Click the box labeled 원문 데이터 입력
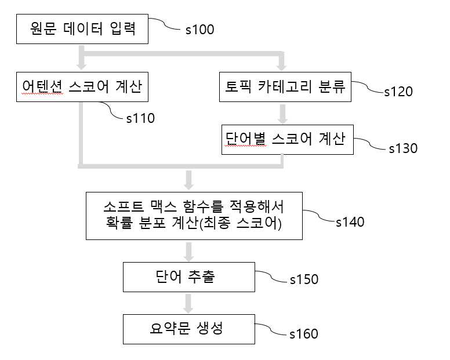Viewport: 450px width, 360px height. (x=82, y=29)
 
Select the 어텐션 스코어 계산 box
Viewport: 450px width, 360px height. (x=82, y=87)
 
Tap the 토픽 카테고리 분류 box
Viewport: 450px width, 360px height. (x=285, y=87)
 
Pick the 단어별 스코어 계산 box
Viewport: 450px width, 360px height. (x=288, y=140)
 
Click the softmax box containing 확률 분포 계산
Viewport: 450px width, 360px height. (x=194, y=216)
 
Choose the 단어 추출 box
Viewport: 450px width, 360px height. (x=189, y=277)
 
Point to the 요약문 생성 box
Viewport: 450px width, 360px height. (x=189, y=329)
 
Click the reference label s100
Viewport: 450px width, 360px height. (x=199, y=30)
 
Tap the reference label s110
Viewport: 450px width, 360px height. (x=140, y=118)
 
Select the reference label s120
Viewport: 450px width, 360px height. (x=398, y=92)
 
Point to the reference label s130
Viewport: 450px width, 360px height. (x=403, y=148)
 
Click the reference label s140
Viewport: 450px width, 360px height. (x=350, y=222)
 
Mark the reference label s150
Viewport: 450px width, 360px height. (x=304, y=279)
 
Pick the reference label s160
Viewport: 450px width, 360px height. (x=304, y=334)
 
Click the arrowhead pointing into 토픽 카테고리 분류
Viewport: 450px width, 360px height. (x=281, y=67)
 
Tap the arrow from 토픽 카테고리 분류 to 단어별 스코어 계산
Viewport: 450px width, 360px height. (x=283, y=114)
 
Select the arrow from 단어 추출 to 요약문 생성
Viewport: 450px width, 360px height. (x=188, y=304)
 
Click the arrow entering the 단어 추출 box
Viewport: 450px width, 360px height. (x=188, y=252)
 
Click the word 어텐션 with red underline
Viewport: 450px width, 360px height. (x=42, y=86)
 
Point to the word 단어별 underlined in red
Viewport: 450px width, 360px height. (x=245, y=139)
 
